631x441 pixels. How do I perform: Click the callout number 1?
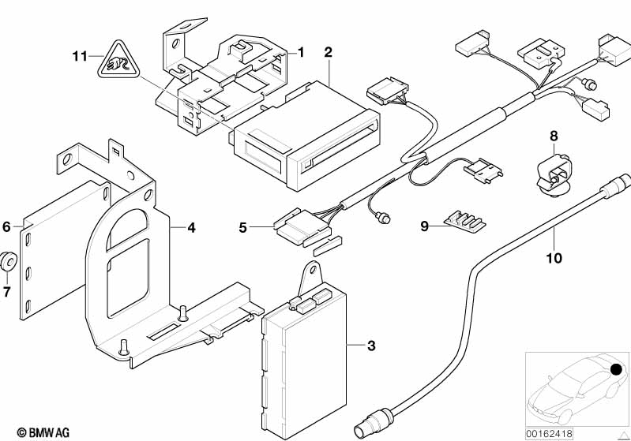pos(301,52)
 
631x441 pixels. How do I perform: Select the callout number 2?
pos(328,52)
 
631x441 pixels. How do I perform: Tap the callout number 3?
pos(371,346)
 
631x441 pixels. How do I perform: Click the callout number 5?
pos(243,228)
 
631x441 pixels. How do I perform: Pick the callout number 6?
pos(7,226)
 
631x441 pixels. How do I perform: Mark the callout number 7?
pos(7,293)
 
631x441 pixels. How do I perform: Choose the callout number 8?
pos(554,136)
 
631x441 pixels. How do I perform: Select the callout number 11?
pos(77,56)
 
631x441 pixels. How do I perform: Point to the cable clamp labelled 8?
pos(554,172)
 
